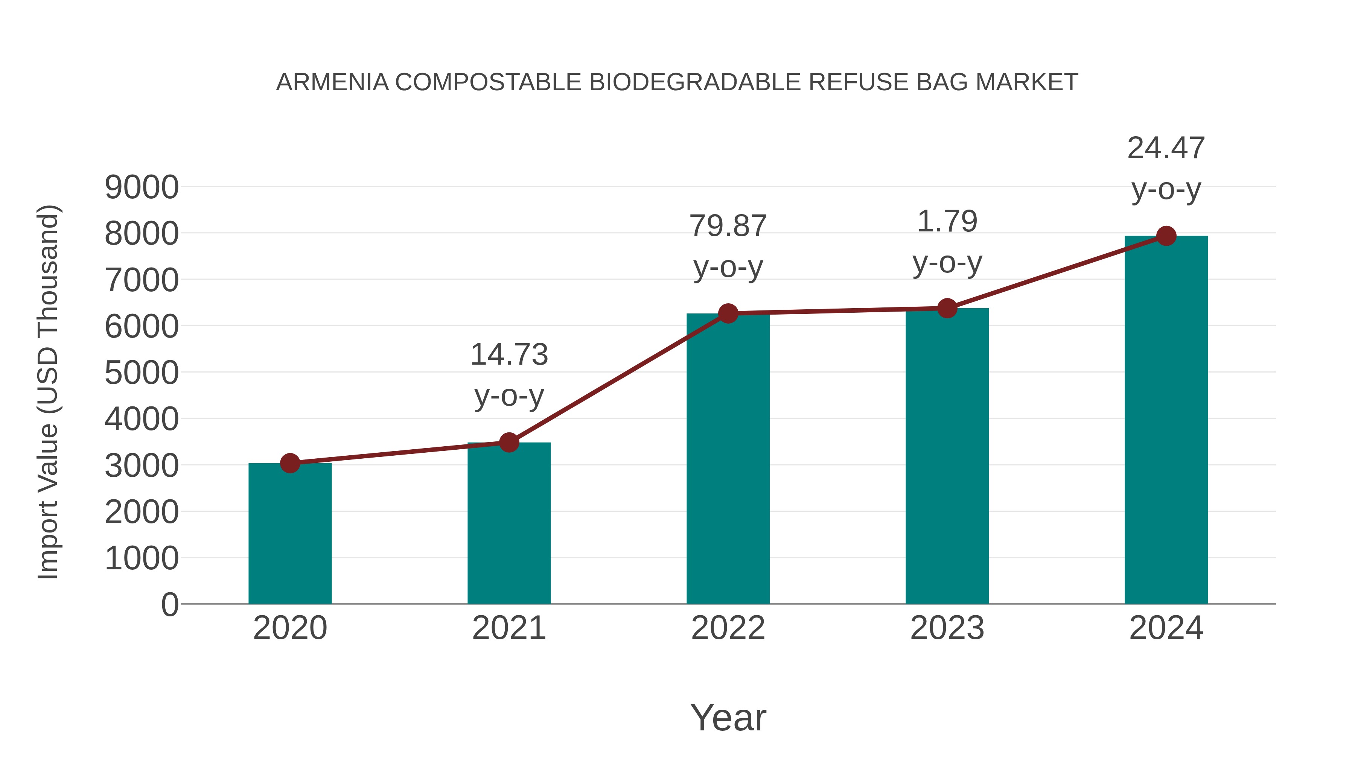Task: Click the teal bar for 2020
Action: tap(290, 533)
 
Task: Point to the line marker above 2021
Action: tap(509, 443)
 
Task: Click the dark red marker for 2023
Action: tap(947, 309)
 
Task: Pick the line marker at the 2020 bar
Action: tap(290, 463)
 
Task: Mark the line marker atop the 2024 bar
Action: tap(1166, 236)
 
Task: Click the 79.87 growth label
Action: tap(728, 226)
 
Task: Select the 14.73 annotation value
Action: tap(509, 354)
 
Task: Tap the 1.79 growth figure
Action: tap(947, 221)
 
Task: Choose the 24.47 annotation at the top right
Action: tap(1166, 148)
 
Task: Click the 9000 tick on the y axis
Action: tap(142, 187)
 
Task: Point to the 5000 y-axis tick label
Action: tap(142, 373)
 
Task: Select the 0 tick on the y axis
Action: tap(169, 605)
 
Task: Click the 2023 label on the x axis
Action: tap(947, 628)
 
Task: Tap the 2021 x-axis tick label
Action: tap(509, 628)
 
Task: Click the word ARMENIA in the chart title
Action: tap(332, 82)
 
